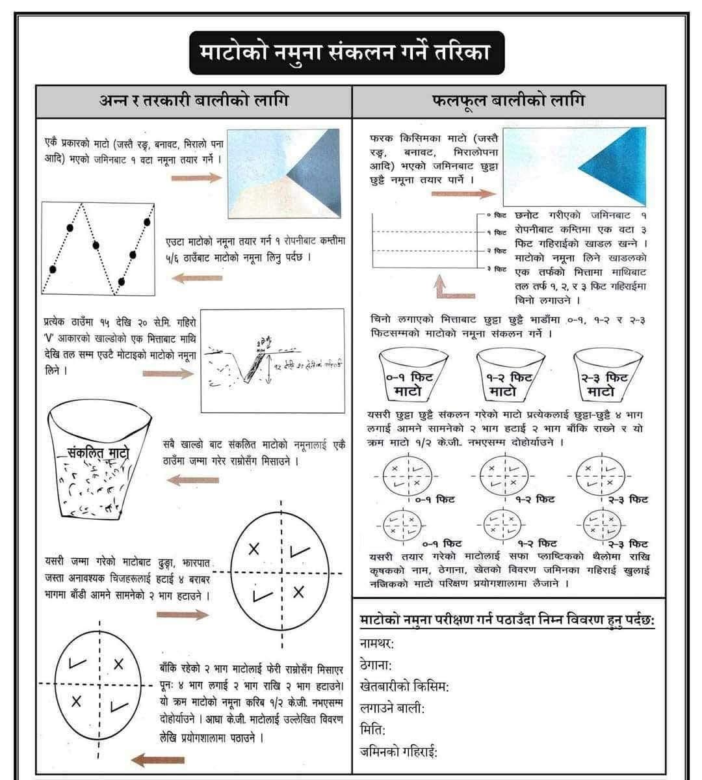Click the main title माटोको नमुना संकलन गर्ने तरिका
pos(346,53)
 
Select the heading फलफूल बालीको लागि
pos(508,101)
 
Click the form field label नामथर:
pos(377,644)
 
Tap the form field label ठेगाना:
pos(376,666)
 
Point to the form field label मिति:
pos(372,730)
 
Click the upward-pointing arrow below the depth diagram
pos(440,286)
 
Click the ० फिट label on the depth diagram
pos(499,214)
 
